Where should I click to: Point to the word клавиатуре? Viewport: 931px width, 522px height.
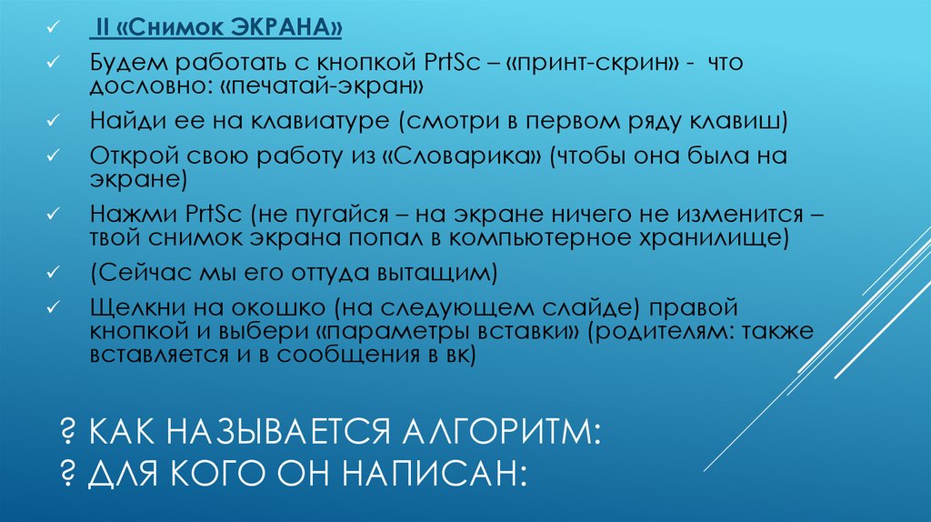pos(301,122)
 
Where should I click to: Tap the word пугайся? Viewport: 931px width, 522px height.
pos(342,215)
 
